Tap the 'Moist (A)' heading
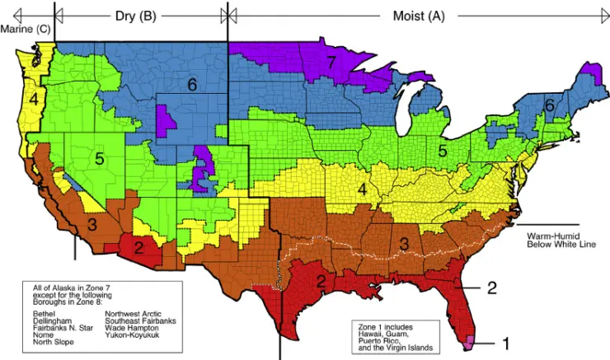(416, 16)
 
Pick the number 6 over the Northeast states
(549, 105)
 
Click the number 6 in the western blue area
(191, 84)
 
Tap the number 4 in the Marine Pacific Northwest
(34, 100)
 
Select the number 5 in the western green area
(98, 159)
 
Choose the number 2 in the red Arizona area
(139, 245)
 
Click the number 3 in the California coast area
(92, 223)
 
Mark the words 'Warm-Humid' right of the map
(551, 235)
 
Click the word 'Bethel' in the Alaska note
(42, 313)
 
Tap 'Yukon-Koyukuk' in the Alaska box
(131, 335)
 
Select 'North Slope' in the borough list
(53, 343)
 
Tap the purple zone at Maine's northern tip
(589, 69)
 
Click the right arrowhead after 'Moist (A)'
(599, 15)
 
